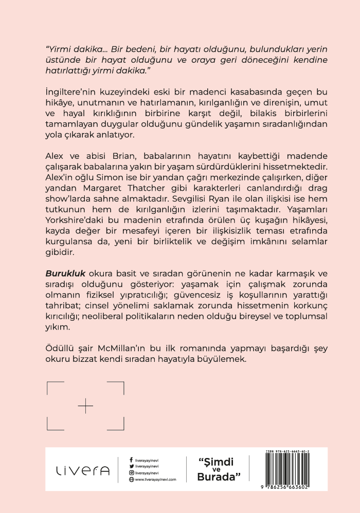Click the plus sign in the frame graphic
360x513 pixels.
[x=86, y=406]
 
